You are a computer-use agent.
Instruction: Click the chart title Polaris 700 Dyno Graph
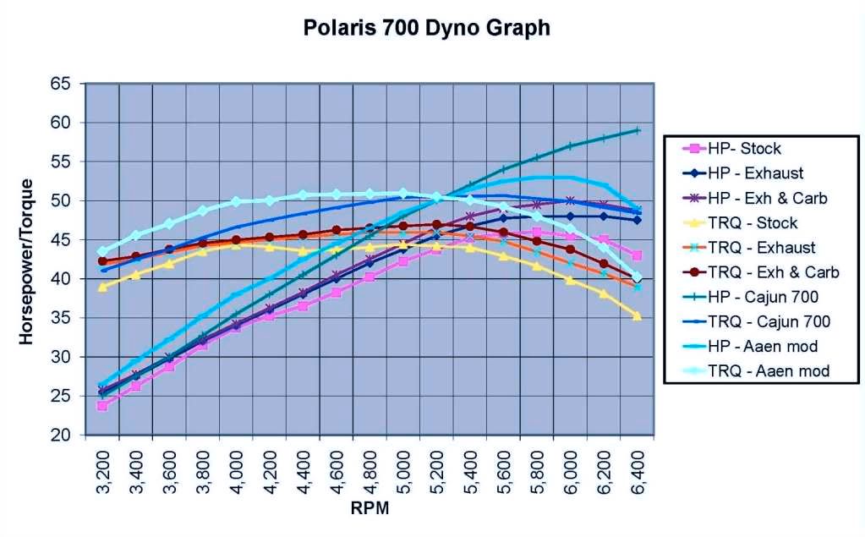click(426, 28)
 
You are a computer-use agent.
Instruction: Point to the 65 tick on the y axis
click(62, 84)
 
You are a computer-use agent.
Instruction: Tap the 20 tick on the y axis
click(62, 436)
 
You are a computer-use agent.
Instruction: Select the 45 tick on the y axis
click(62, 240)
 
